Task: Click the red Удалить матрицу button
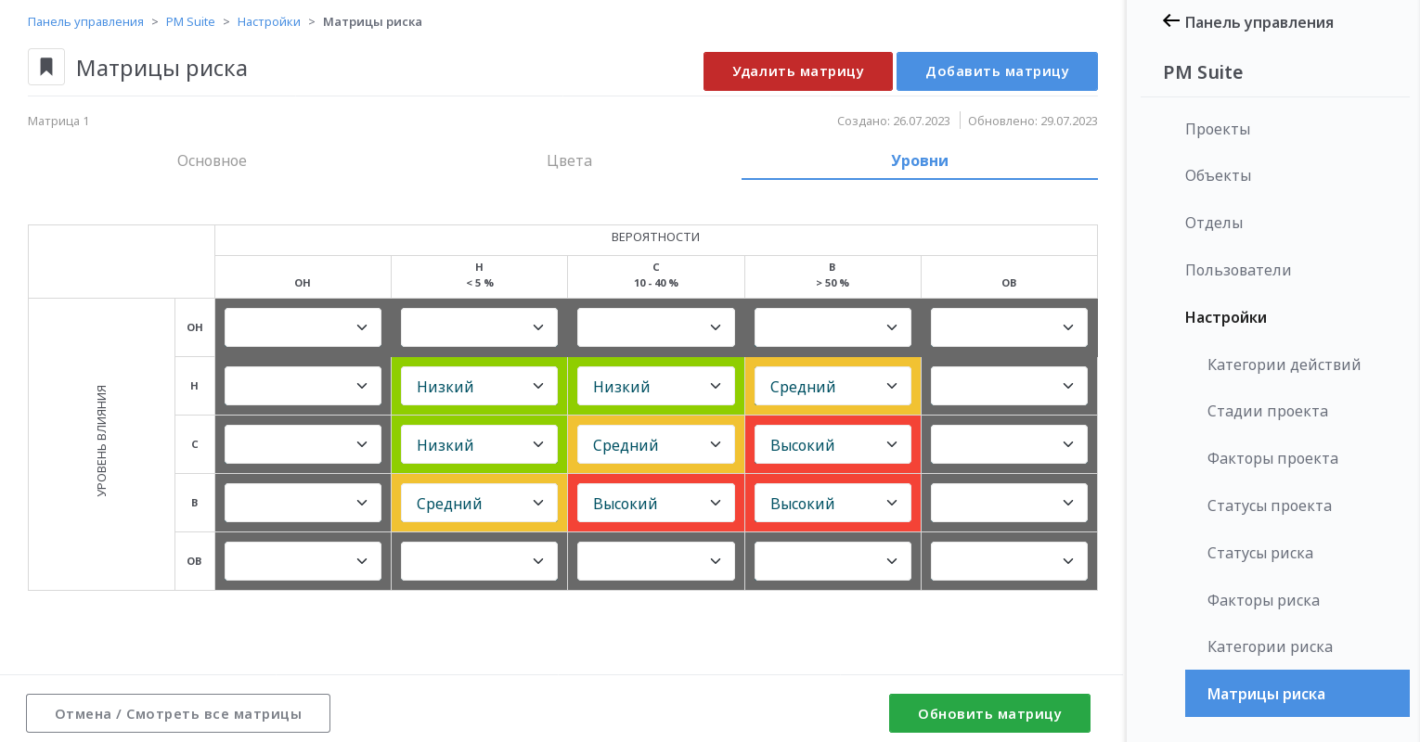(797, 71)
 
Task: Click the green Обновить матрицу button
(989, 713)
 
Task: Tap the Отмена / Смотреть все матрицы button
(178, 713)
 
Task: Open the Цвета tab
(569, 160)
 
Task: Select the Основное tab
(212, 160)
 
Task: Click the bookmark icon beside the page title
(46, 67)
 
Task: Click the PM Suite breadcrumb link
(190, 21)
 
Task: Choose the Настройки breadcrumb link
(269, 21)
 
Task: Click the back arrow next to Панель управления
(1171, 21)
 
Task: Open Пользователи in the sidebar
(1237, 270)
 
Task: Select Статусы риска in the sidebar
(1259, 553)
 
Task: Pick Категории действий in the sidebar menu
(1284, 365)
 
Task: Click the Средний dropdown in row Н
(833, 386)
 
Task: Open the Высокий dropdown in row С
(833, 444)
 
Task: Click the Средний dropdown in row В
(479, 503)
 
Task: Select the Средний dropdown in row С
(655, 444)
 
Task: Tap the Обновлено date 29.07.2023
(1068, 121)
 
